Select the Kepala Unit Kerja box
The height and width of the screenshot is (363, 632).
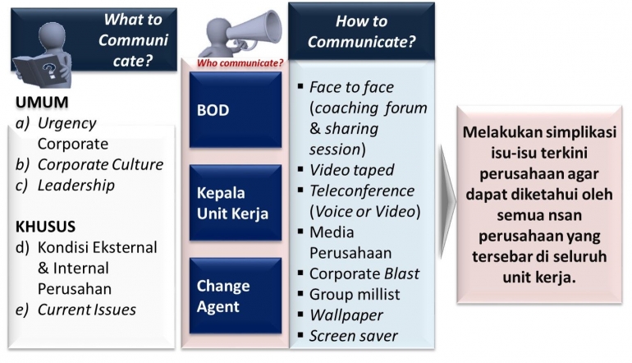(x=236, y=202)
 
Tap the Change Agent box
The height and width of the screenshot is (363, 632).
(x=236, y=296)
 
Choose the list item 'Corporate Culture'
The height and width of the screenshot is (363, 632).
(x=100, y=164)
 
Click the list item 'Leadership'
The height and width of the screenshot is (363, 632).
(x=76, y=185)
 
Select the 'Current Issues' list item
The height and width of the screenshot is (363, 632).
(x=86, y=310)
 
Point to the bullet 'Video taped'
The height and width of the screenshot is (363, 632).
(x=351, y=171)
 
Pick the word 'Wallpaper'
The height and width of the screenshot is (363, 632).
(x=346, y=315)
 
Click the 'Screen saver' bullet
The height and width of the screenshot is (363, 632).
(x=353, y=335)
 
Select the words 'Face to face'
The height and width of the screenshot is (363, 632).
(x=351, y=87)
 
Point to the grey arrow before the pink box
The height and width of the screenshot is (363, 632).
(x=447, y=202)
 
